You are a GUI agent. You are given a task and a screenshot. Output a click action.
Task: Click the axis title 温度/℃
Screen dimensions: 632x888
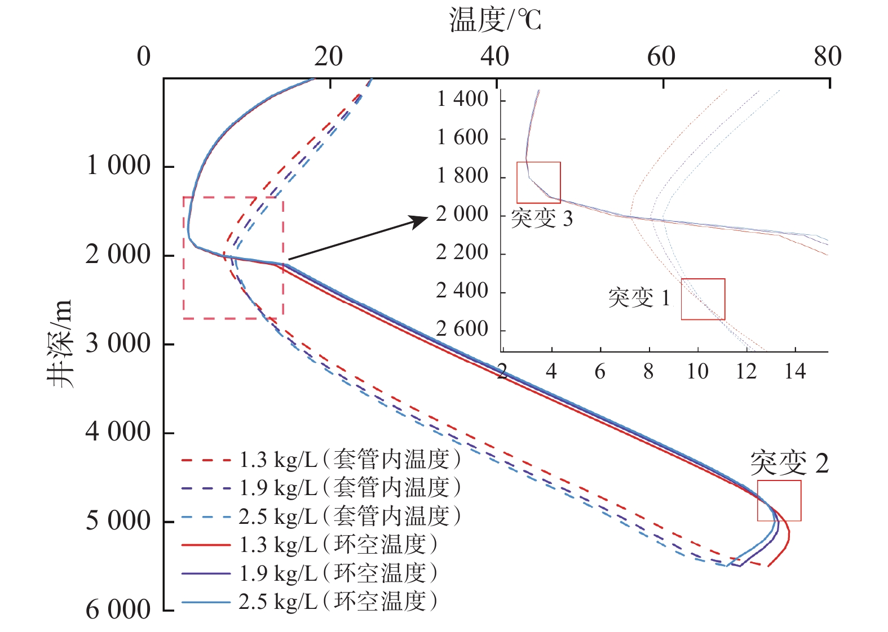coord(495,20)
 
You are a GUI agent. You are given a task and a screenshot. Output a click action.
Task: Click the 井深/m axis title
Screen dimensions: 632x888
coord(60,344)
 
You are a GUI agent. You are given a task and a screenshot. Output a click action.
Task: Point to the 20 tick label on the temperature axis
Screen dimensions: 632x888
coord(328,57)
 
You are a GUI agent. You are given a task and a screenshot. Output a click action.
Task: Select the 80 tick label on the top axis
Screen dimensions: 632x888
coord(827,57)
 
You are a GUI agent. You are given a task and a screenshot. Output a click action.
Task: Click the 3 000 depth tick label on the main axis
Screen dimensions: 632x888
coord(118,343)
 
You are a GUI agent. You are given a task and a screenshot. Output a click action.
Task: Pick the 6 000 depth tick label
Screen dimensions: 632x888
coord(118,609)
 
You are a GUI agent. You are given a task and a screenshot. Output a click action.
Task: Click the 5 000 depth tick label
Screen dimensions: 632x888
coord(118,520)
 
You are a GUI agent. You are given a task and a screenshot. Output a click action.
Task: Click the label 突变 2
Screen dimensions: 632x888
coord(789,464)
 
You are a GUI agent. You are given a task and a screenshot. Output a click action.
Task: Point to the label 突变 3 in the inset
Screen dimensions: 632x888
coord(541,219)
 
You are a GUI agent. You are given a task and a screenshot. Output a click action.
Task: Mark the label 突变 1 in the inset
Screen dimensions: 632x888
coord(639,297)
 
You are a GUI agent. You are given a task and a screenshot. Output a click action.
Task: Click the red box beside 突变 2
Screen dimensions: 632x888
coord(779,500)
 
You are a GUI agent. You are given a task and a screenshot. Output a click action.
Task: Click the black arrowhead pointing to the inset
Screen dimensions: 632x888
coord(420,220)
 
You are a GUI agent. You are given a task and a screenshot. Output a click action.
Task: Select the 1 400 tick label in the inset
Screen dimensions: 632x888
coord(463,99)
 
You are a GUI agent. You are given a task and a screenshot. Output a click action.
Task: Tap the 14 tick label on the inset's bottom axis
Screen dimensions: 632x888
coord(795,371)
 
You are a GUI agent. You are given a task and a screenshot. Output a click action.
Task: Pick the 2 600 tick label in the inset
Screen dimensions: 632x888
coord(463,328)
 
